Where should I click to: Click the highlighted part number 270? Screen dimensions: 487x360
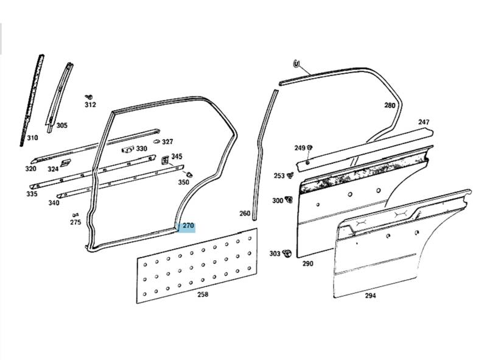[188, 226]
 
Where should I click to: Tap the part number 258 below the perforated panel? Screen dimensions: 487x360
[203, 294]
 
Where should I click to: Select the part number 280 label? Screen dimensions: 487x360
[390, 105]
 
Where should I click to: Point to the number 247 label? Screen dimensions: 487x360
[424, 122]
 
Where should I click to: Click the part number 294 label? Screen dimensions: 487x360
[370, 295]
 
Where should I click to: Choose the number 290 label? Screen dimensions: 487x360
[308, 264]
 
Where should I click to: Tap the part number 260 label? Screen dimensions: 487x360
[245, 213]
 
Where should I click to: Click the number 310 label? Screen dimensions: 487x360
[32, 138]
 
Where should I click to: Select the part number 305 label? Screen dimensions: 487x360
[62, 125]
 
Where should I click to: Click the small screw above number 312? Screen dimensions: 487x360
[89, 97]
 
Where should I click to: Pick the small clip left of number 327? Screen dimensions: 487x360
[156, 141]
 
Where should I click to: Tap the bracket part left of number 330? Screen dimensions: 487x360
[128, 149]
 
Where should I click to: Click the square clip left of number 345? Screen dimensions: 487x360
[165, 160]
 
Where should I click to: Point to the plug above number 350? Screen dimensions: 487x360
[189, 174]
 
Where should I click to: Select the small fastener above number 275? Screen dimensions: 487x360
[75, 215]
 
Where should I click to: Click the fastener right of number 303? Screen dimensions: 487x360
[287, 253]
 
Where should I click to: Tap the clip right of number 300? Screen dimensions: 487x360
[289, 199]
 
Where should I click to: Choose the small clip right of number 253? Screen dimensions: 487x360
[291, 175]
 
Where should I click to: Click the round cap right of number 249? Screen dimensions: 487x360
[309, 147]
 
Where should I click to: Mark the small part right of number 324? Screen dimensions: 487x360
[66, 163]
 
